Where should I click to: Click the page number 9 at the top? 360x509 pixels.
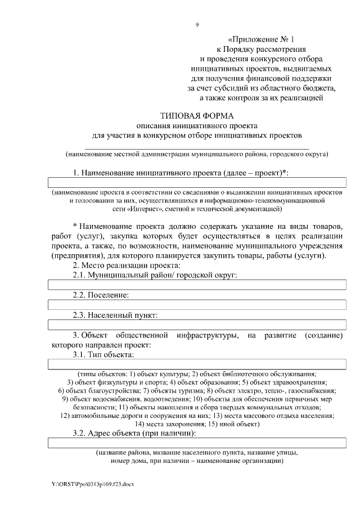click(197, 24)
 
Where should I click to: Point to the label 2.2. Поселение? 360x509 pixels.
click(101, 295)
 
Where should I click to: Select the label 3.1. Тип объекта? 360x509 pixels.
click(103, 354)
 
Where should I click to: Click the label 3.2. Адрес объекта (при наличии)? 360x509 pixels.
click(134, 433)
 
